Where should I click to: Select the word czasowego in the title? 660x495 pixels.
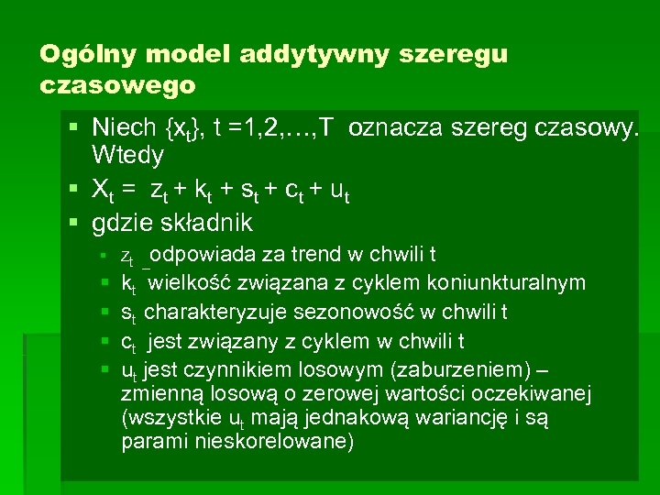117,85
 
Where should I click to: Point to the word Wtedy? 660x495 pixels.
127,155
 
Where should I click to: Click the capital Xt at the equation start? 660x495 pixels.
102,189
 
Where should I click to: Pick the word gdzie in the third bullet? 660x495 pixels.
124,223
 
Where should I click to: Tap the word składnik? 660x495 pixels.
212,223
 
